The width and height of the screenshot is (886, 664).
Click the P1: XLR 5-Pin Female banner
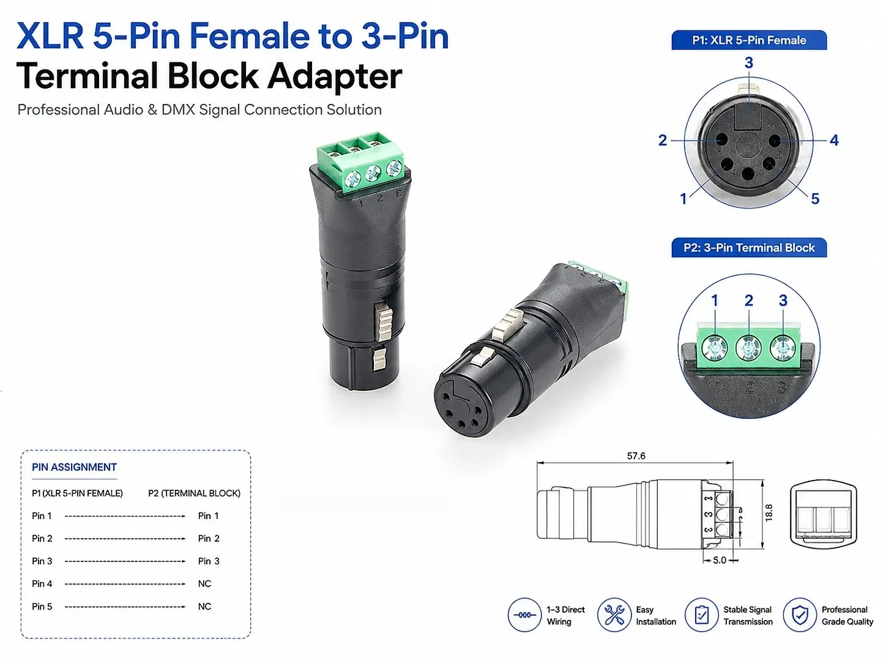click(749, 40)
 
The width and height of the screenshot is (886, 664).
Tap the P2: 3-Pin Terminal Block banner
click(749, 248)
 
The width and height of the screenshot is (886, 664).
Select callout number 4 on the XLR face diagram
click(834, 140)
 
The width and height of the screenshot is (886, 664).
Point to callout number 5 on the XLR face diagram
click(815, 198)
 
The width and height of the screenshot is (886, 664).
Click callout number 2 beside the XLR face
click(663, 140)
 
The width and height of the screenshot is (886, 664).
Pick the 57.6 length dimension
click(636, 456)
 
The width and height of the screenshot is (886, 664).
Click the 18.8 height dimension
click(769, 512)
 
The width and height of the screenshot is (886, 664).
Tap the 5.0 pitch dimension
click(720, 560)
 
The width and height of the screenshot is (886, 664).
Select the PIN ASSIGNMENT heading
click(74, 467)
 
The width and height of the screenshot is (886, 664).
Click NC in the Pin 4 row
click(204, 584)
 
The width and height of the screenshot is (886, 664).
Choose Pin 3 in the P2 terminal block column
click(209, 561)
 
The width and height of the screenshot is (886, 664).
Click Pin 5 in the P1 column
click(42, 607)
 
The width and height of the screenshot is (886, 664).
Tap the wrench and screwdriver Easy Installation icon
click(614, 615)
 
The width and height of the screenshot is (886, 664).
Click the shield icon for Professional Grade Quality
click(800, 615)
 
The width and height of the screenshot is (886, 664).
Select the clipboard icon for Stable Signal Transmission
click(702, 615)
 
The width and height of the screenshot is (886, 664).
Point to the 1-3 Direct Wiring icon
click(524, 615)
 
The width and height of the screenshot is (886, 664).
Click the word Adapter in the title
click(335, 76)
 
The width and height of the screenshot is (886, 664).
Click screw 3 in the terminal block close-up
click(782, 347)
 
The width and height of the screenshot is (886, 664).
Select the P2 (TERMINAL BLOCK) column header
click(194, 493)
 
